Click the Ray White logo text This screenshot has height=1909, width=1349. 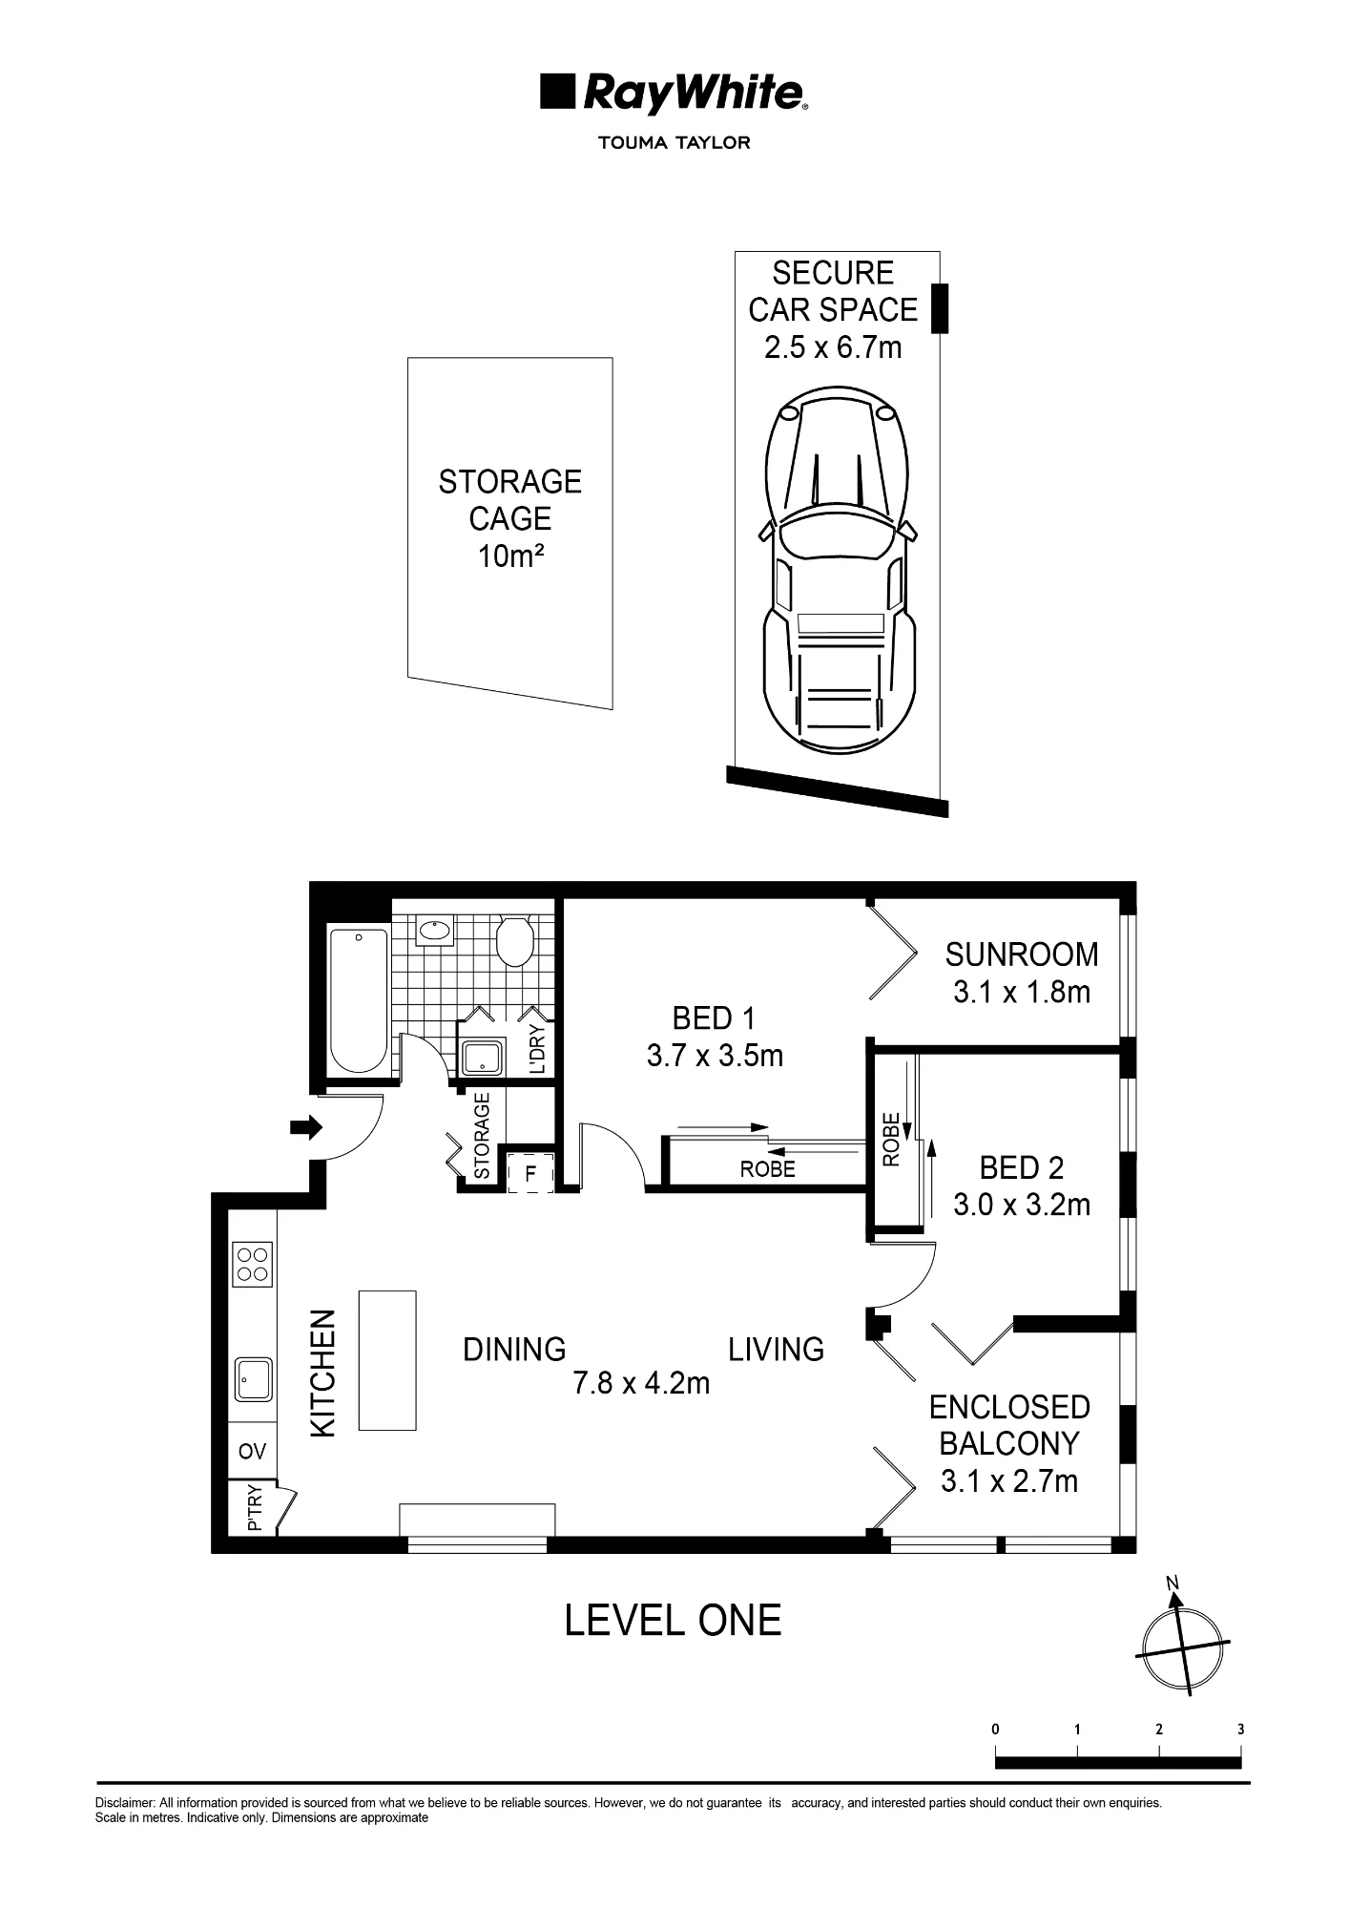tap(694, 94)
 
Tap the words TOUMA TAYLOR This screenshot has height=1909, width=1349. tap(674, 143)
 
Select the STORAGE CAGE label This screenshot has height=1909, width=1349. tap(510, 500)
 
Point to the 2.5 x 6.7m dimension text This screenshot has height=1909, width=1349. tap(833, 347)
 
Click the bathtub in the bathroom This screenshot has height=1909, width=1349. tap(358, 1000)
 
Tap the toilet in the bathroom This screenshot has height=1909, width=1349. tap(516, 941)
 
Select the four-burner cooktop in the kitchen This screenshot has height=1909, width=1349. tap(253, 1264)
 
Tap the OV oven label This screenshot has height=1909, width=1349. tap(252, 1452)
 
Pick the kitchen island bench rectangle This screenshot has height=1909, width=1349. tap(387, 1360)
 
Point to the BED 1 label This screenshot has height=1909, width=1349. tap(715, 1018)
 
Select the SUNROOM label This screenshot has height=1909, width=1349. tap(1022, 954)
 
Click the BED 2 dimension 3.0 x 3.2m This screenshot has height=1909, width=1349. tap(1022, 1205)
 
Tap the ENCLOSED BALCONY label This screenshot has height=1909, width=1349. tap(1009, 1425)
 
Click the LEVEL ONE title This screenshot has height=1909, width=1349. tap(674, 1621)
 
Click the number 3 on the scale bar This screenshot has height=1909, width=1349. tap(1241, 1729)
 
